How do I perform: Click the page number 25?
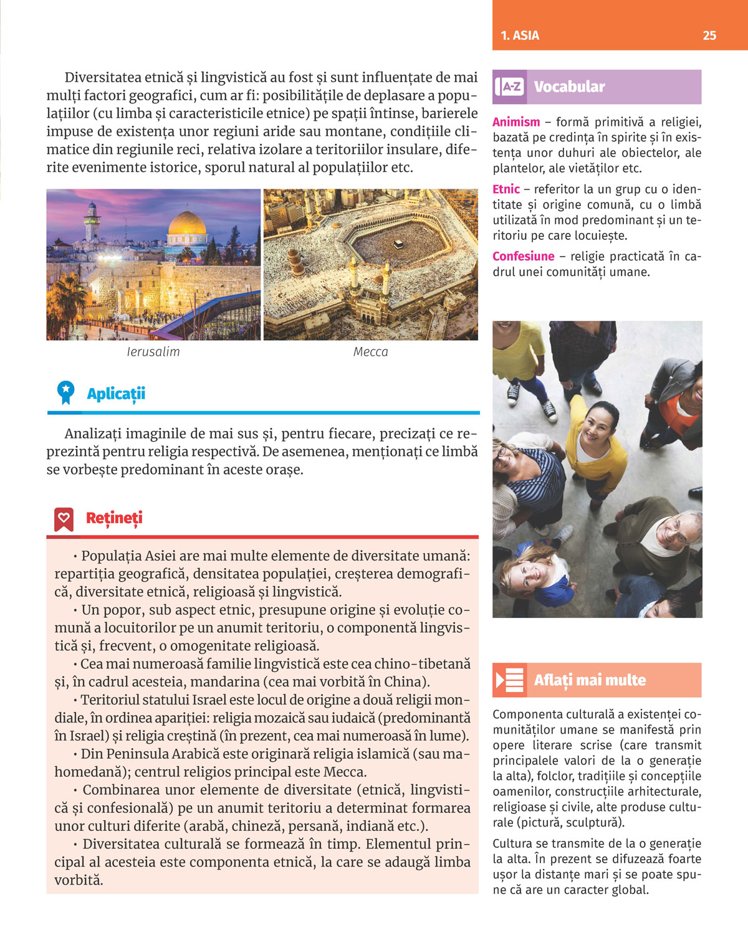(709, 36)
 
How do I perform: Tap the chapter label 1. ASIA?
(520, 36)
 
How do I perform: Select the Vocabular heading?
(569, 87)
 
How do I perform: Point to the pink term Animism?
(516, 122)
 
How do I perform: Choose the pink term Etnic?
(506, 189)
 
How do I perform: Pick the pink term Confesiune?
(523, 256)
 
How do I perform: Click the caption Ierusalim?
(153, 352)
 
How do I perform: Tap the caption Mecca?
(370, 352)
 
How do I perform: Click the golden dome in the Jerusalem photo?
(187, 223)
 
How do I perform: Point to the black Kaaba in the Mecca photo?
(397, 244)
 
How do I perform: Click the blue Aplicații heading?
(116, 394)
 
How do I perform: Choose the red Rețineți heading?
(114, 518)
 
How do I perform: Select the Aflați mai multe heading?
(590, 680)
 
